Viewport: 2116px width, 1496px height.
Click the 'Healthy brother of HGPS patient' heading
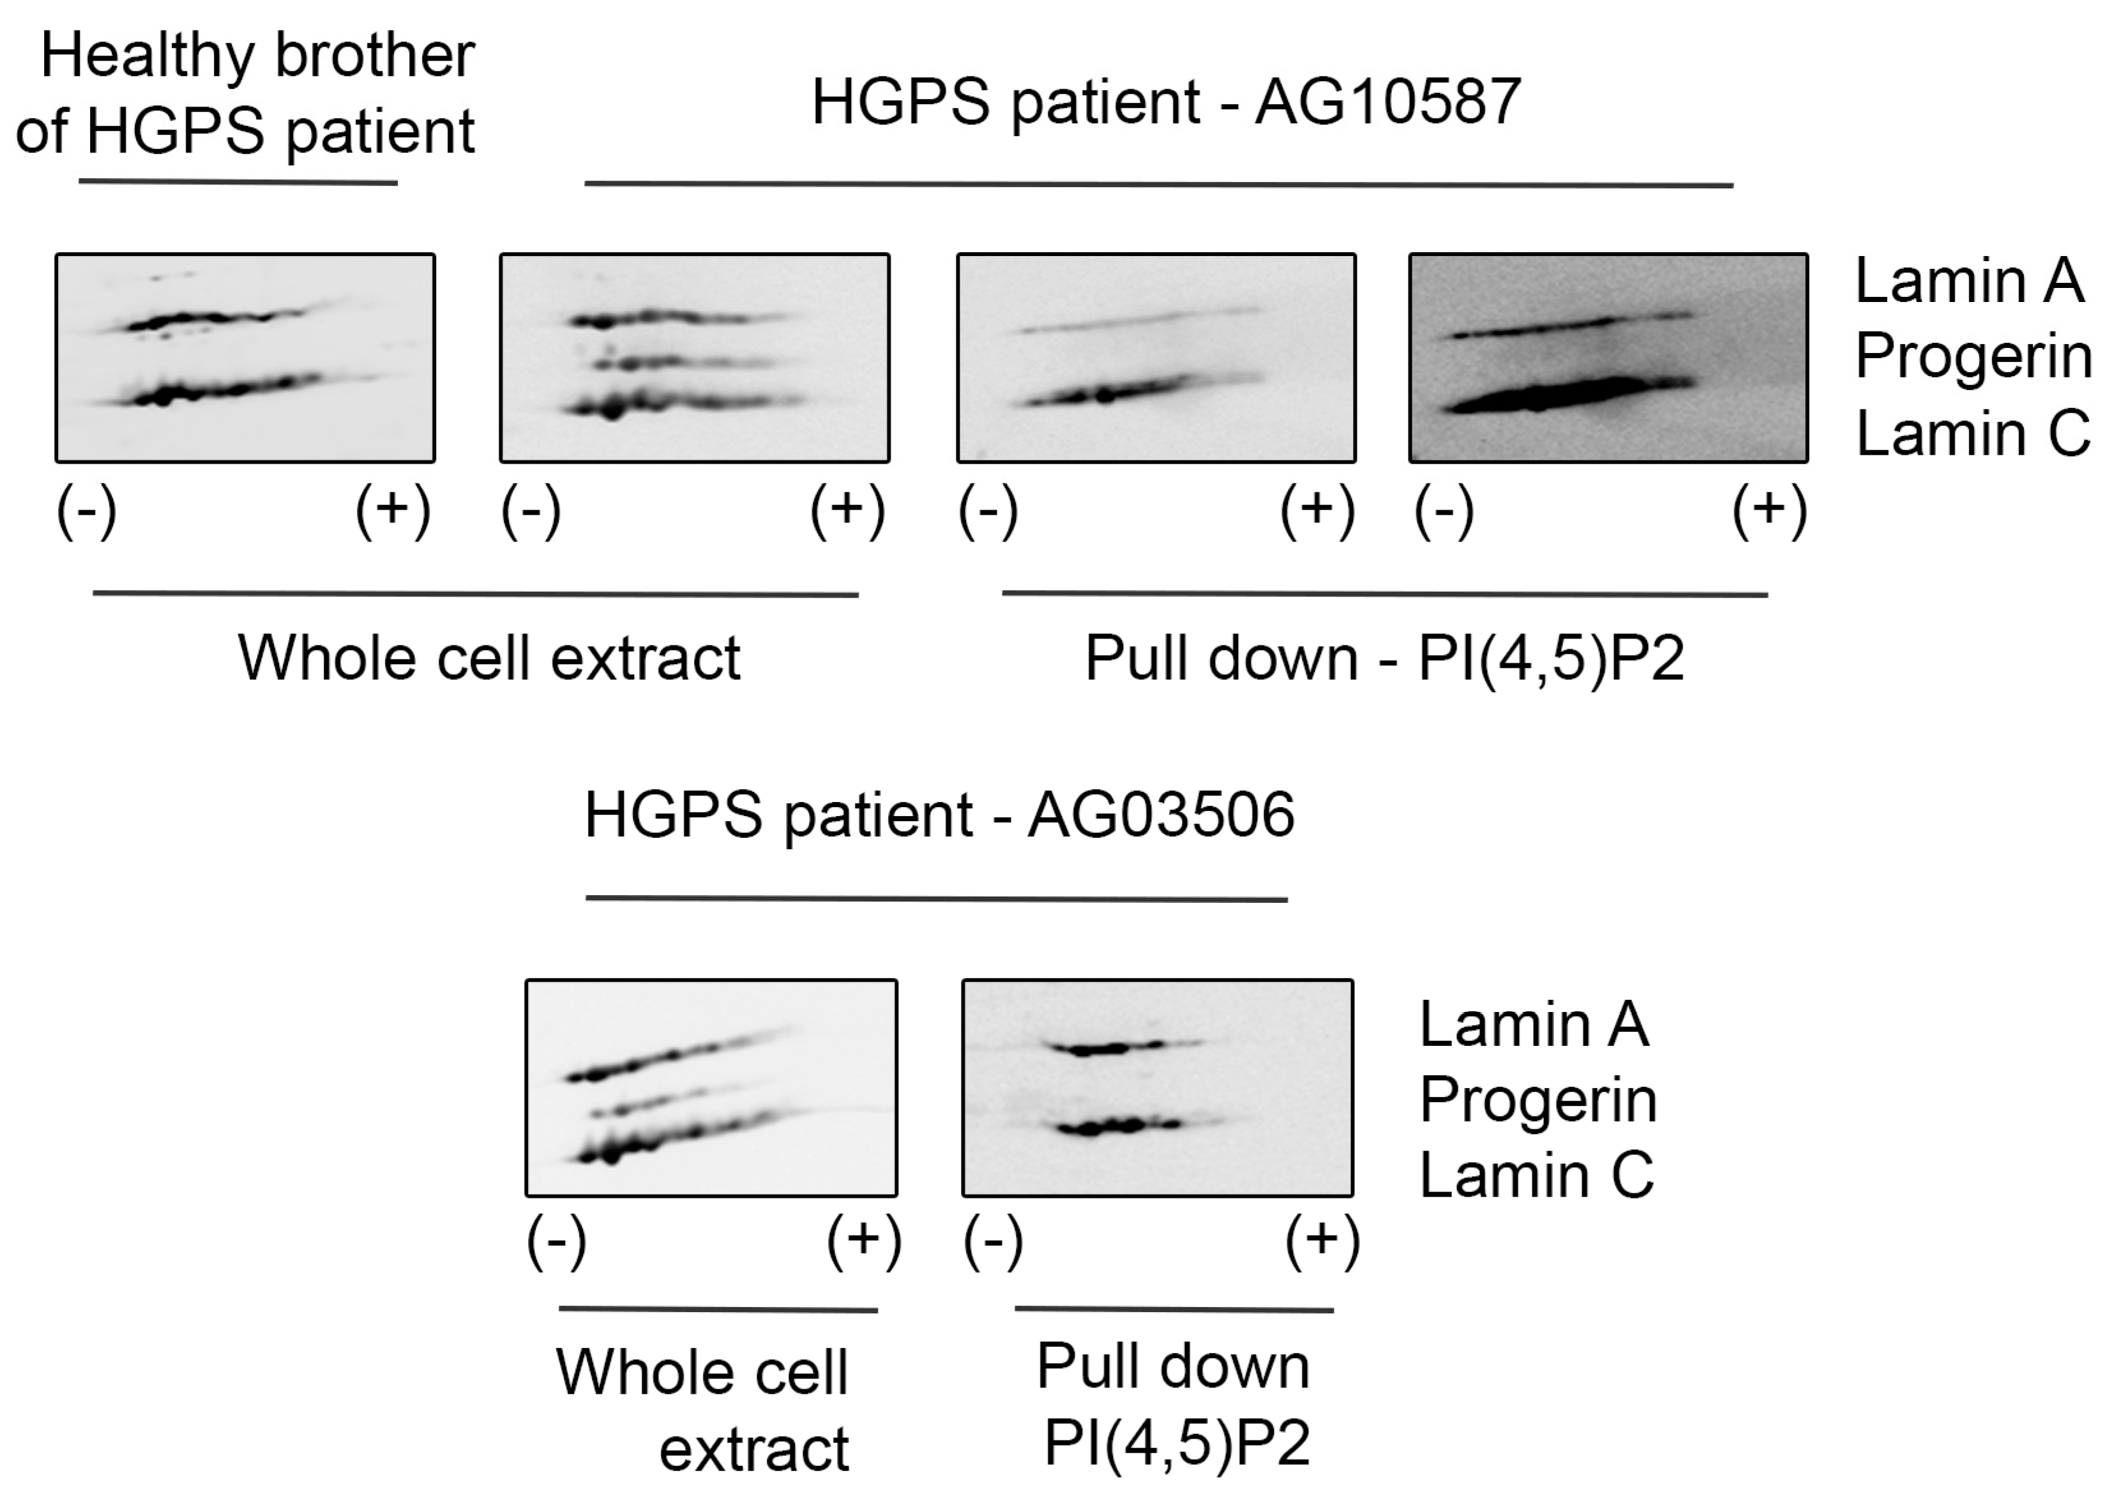click(x=245, y=93)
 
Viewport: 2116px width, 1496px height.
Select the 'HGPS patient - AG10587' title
click(x=1166, y=102)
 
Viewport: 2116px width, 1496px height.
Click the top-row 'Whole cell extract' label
click(x=489, y=658)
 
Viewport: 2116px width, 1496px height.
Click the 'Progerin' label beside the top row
click(x=1973, y=357)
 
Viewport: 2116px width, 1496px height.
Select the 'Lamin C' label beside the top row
click(x=1972, y=434)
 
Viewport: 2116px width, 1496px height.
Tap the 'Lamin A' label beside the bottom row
click(x=1534, y=1024)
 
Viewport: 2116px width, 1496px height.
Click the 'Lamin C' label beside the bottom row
click(x=1536, y=1175)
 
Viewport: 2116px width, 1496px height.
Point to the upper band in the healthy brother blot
click(x=203, y=321)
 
